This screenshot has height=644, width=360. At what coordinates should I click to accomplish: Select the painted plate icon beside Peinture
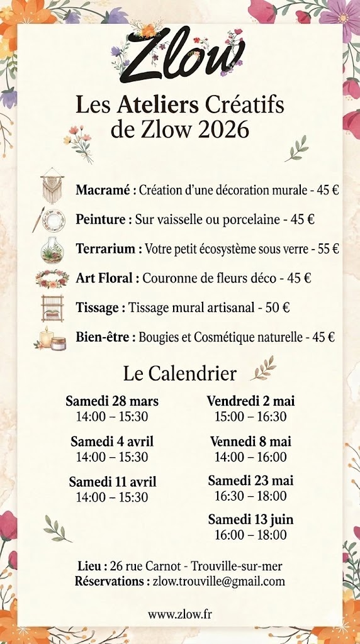click(x=53, y=219)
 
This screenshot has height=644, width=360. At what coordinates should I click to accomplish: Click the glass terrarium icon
click(x=53, y=249)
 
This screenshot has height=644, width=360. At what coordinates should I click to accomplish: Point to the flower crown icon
click(x=52, y=277)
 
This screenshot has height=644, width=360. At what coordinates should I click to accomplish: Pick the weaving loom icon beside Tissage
click(x=53, y=308)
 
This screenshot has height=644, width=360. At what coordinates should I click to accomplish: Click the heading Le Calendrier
click(x=180, y=374)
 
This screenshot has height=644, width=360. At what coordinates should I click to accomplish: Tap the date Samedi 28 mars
click(x=112, y=401)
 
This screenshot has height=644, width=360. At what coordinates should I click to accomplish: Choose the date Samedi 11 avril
click(x=113, y=482)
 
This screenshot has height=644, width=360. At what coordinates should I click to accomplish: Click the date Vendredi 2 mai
click(x=250, y=401)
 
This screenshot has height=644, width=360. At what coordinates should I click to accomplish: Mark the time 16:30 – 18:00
click(x=250, y=496)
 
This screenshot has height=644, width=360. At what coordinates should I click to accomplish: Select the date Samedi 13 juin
click(x=250, y=520)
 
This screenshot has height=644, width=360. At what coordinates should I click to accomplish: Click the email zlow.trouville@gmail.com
click(x=219, y=582)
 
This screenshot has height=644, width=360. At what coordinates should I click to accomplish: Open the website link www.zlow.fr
click(x=180, y=614)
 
